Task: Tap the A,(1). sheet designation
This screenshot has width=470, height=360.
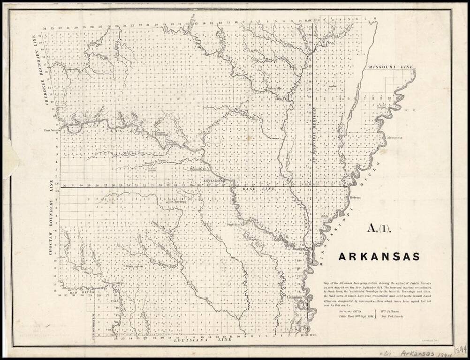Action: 378,229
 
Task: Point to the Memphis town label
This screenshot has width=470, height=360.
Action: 394,138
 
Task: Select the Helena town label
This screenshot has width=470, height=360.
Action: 355,197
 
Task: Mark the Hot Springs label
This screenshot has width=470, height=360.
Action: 176,202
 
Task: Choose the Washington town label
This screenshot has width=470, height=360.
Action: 133,266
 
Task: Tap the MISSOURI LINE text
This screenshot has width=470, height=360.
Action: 391,67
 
